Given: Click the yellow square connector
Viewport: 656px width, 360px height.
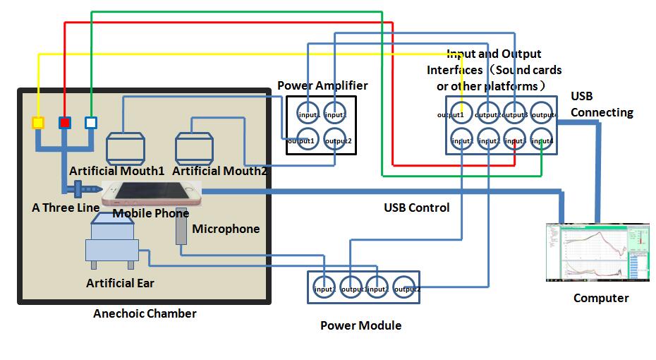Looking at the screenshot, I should coord(38,123).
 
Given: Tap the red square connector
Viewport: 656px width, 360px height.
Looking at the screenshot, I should coord(64,123).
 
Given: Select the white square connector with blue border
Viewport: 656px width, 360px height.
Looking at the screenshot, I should coord(90,123).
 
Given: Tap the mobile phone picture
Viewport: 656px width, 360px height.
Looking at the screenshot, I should coord(152,194).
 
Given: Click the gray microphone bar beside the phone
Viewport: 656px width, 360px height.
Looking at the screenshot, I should coord(181,226).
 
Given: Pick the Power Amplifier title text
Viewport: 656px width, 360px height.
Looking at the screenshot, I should coord(322,86).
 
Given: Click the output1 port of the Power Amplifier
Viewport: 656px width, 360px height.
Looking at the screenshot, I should coord(308,140).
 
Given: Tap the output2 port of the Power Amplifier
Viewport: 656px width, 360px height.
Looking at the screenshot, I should coord(336,140).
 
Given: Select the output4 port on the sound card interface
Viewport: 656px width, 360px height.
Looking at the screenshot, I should coord(542,114).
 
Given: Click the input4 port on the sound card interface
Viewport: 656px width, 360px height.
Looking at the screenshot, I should coord(542,140).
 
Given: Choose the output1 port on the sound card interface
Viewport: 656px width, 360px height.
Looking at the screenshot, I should coord(462,114).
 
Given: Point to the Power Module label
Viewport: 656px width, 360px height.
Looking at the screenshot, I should coord(360,325).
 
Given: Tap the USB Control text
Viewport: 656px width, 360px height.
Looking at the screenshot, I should coord(416,208).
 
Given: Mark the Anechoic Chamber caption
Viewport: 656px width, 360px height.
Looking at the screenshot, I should coord(145,313).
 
